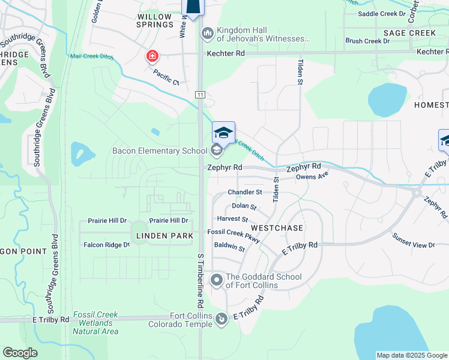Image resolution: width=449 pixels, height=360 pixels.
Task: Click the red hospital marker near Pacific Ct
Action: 152,57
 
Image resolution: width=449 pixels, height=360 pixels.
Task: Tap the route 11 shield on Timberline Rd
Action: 200,95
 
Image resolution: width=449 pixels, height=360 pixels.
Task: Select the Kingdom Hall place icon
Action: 208,34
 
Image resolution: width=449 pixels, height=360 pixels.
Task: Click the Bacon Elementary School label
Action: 160,150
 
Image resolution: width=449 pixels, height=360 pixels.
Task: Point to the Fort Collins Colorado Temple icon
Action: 221,319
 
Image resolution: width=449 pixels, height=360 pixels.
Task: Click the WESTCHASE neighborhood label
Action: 277,229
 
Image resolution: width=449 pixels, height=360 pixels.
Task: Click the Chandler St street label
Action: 245,193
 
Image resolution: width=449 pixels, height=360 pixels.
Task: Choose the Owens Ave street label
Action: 312,176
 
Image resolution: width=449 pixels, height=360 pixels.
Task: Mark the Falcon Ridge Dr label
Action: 106,245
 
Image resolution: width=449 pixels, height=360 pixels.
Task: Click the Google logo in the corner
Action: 20,353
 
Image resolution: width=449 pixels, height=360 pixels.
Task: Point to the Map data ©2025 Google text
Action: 411,355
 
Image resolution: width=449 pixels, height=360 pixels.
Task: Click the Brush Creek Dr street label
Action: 368,41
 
